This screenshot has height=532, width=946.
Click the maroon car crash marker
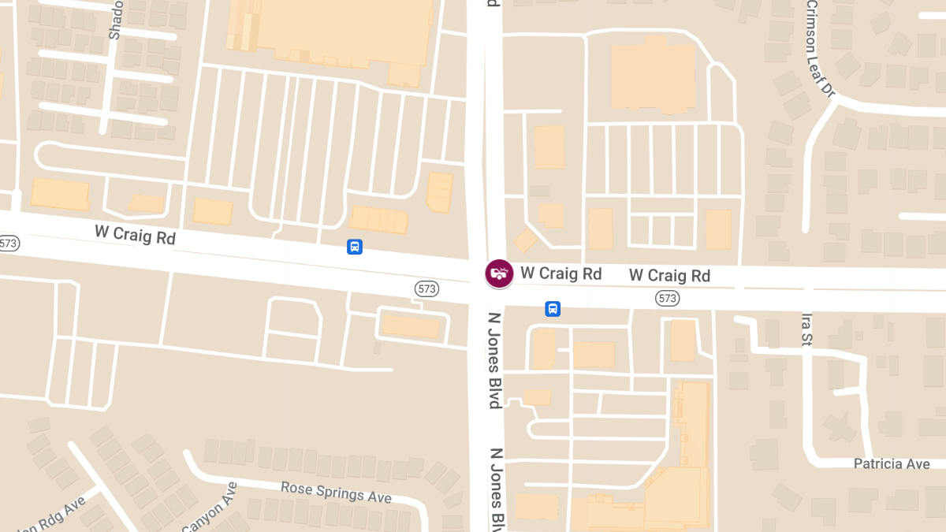click(x=498, y=273)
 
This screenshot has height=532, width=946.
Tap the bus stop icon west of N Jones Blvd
click(x=355, y=247)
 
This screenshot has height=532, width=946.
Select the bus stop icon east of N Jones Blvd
click(x=553, y=308)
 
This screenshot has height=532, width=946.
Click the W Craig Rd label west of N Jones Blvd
click(x=135, y=234)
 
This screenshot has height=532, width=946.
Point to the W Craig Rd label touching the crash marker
click(x=561, y=273)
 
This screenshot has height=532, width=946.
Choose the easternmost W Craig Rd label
click(x=669, y=275)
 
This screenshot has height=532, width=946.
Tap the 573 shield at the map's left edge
click(x=8, y=243)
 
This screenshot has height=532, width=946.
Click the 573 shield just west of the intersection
click(x=426, y=289)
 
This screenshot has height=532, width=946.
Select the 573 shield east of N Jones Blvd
click(x=667, y=298)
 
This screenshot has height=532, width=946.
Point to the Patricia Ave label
click(x=892, y=463)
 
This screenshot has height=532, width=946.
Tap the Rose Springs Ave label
click(x=336, y=492)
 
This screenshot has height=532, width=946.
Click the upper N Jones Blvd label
click(x=494, y=360)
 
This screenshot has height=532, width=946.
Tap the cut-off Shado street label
click(x=115, y=20)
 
